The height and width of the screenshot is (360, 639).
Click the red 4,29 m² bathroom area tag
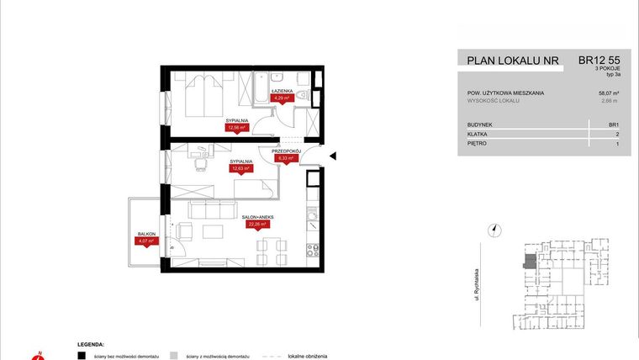[283, 98]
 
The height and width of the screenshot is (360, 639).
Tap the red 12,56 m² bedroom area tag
[236, 129]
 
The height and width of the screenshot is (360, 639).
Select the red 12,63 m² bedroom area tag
[240, 168]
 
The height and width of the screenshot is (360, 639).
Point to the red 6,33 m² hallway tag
[287, 157]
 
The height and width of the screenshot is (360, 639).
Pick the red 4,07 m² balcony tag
[145, 241]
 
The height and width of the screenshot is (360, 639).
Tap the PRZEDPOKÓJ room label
[286, 150]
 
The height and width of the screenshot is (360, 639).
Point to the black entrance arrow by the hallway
[332, 156]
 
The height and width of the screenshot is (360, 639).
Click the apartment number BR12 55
[599, 61]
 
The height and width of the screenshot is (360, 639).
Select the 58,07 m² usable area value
[608, 93]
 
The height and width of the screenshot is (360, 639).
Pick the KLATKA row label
[479, 134]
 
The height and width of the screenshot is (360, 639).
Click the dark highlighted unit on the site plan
[529, 262]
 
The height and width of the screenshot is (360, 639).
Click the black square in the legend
[81, 355]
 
